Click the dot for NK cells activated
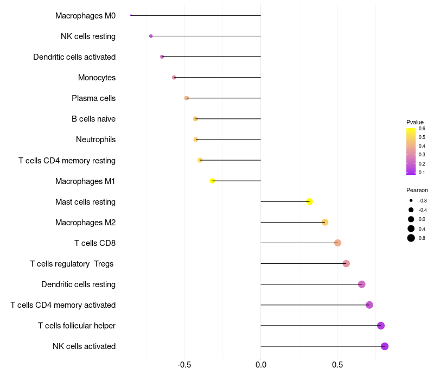[385, 346]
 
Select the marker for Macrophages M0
[131, 15]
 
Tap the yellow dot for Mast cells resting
[309, 201]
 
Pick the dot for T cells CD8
[337, 243]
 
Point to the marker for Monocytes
[174, 78]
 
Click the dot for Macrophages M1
[213, 181]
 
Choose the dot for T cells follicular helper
[381, 326]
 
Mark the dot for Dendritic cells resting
[362, 284]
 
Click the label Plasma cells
[93, 98]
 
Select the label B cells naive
[93, 119]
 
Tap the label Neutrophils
[95, 140]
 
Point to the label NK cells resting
[88, 36]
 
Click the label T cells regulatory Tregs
[73, 264]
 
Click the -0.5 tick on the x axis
[184, 364]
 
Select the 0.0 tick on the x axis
[261, 364]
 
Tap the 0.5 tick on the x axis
[337, 364]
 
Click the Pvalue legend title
[415, 122]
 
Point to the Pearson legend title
[417, 190]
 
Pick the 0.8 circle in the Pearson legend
[411, 238]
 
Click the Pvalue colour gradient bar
[411, 151]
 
